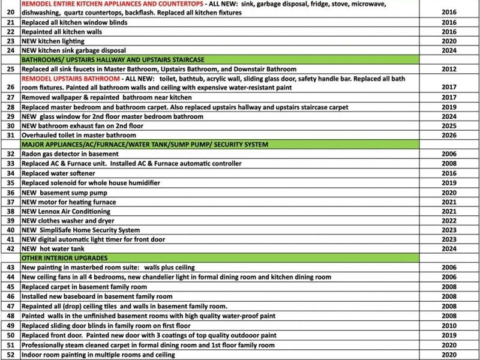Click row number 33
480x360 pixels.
click(10, 163)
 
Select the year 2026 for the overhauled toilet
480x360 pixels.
click(449, 135)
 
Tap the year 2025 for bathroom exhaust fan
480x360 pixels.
click(449, 125)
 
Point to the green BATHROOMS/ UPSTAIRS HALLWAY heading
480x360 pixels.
click(113, 60)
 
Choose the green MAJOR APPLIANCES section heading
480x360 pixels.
click(145, 145)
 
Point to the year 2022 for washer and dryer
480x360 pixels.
click(449, 221)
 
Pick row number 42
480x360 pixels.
click(10, 249)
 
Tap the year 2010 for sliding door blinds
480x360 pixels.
click(449, 325)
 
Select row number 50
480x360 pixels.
click(10, 335)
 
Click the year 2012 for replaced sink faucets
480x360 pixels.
click(449, 69)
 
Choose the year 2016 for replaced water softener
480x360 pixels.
click(449, 173)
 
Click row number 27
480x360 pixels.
click(10, 97)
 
